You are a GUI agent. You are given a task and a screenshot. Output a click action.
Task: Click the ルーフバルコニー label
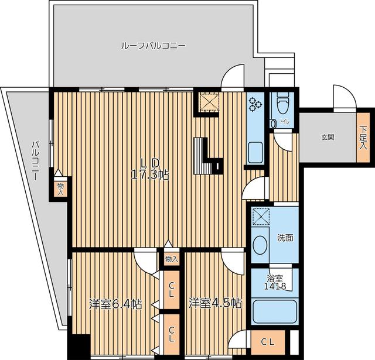click(x=153, y=45)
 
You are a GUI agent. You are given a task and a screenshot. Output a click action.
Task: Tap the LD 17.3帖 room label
click(x=150, y=169)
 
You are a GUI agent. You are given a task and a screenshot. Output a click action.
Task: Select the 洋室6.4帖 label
click(x=115, y=304)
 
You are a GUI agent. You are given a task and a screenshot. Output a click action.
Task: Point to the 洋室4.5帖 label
click(x=215, y=303)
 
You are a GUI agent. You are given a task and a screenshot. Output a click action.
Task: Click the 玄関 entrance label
click(x=328, y=138)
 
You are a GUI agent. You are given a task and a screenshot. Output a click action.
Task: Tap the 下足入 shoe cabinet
click(x=363, y=138)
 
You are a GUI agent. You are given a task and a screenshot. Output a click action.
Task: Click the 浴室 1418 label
click(x=275, y=282)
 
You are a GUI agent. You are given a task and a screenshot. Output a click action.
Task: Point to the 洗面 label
click(x=285, y=238)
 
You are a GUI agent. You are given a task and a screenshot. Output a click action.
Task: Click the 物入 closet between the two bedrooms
click(x=172, y=259)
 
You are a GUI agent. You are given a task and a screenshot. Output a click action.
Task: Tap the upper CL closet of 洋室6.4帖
click(x=172, y=290)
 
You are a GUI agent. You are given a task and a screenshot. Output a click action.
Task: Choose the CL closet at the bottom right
click(x=268, y=342)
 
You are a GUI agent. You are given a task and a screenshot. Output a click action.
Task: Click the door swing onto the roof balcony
click(x=232, y=76)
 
